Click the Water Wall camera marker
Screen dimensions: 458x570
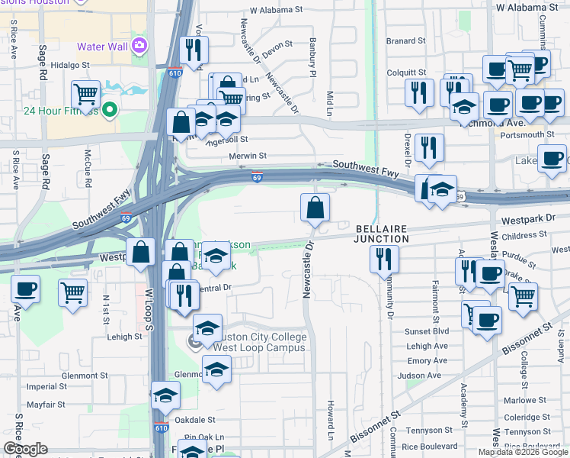click(139, 45)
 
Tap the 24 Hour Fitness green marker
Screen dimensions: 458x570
click(110, 111)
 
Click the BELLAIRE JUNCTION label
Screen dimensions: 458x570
click(380, 234)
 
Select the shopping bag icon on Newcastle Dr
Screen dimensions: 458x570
click(315, 208)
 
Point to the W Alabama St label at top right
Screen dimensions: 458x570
click(527, 7)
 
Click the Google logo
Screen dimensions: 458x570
click(25, 449)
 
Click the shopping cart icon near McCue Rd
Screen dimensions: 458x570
click(86, 95)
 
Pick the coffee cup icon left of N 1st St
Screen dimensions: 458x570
click(26, 290)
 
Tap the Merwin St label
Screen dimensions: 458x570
click(247, 156)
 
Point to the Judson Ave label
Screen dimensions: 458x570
click(424, 376)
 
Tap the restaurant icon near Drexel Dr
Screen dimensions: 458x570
click(430, 148)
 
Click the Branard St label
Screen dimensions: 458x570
click(405, 40)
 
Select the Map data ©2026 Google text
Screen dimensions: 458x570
click(522, 452)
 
